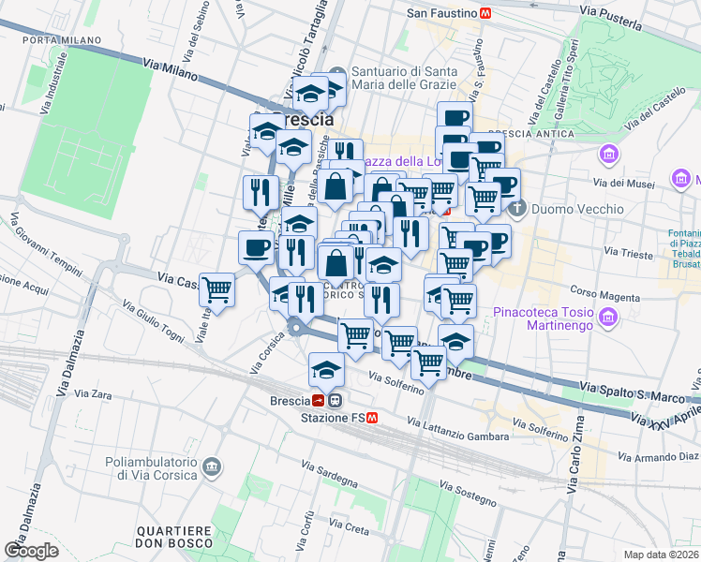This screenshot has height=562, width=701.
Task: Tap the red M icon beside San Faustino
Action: click(485, 13)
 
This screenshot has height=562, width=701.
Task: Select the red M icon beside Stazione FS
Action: click(372, 417)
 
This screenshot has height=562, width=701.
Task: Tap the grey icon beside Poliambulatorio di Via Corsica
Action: click(213, 466)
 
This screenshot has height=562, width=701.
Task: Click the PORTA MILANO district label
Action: click(52, 40)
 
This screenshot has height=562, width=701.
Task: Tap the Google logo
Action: click(31, 550)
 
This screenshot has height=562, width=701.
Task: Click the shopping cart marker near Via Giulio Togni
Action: click(217, 290)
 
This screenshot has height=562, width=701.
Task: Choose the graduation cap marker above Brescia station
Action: click(326, 370)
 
